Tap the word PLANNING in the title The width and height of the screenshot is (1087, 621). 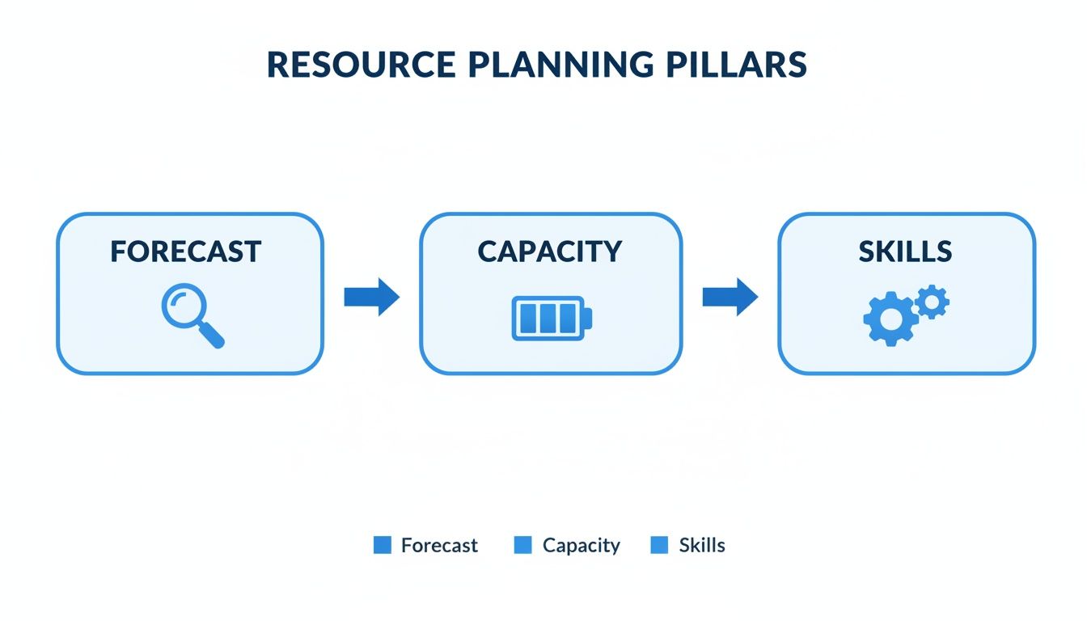pos(543,65)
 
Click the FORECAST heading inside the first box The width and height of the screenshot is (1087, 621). pos(186,251)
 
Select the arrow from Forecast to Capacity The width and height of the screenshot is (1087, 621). pos(371,297)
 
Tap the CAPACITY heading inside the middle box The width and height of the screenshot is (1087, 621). pos(550,251)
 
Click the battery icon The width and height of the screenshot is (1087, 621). pos(551,318)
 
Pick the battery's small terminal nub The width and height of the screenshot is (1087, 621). pos(588,318)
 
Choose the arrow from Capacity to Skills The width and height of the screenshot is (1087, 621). pos(730,297)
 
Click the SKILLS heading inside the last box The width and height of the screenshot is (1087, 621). pos(906,251)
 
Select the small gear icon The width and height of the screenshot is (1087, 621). pos(933,302)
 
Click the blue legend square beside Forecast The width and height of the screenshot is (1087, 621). pos(383,545)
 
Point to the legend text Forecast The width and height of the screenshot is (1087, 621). pos(439,545)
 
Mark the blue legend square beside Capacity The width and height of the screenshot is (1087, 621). pos(523,545)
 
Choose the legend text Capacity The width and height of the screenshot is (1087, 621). pos(581,545)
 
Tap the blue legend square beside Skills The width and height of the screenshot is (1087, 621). pos(660,545)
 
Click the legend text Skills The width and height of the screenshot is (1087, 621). pos(702,545)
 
